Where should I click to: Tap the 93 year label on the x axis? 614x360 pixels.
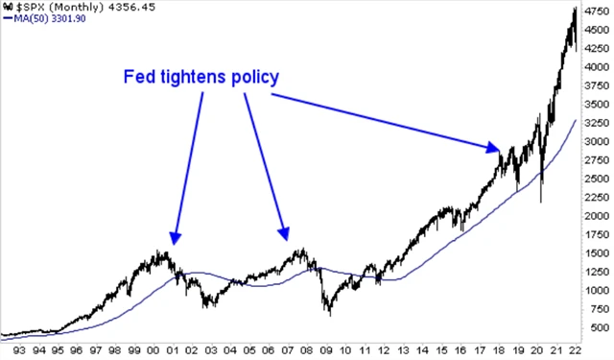tap(12, 350)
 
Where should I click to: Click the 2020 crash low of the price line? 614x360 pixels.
tap(543, 201)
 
